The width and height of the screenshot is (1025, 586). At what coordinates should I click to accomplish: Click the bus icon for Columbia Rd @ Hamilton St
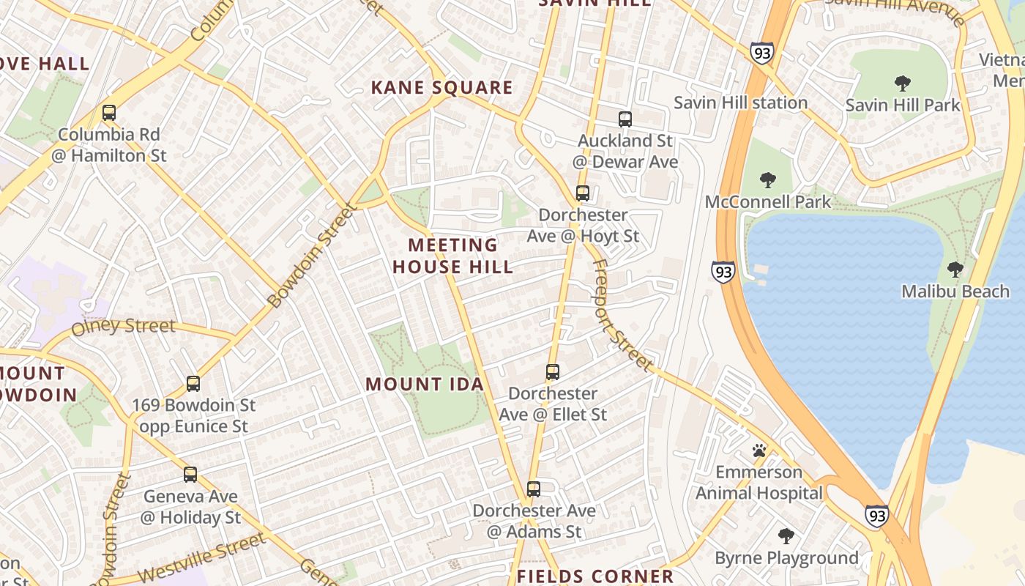pos(109,113)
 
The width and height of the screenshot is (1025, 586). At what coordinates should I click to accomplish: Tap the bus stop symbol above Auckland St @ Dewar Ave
pos(625,119)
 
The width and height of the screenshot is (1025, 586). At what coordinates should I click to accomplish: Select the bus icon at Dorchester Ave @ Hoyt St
pos(583,193)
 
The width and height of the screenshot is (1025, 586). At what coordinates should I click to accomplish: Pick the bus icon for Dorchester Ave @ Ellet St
pos(553,372)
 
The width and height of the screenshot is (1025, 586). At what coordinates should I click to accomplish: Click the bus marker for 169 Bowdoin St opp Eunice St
pos(193,383)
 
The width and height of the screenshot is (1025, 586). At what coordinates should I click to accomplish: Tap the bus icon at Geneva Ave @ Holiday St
pos(190,475)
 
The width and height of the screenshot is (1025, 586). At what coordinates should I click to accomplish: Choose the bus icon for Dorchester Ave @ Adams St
pos(534,489)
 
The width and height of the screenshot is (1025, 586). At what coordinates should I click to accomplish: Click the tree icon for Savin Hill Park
pos(902,84)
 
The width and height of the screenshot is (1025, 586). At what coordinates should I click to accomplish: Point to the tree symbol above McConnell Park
pos(767,180)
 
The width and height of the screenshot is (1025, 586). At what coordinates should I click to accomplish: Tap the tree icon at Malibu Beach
pos(955,270)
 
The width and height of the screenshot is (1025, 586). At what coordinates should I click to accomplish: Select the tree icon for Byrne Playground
pos(786,536)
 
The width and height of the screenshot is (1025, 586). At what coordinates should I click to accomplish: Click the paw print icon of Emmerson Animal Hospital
pos(759,450)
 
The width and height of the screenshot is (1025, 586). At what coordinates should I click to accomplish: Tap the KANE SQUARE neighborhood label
pos(441,88)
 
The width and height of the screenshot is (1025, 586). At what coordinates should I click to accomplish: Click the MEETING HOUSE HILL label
pos(452,256)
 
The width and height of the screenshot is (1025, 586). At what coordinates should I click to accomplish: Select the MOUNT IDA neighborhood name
pos(425,384)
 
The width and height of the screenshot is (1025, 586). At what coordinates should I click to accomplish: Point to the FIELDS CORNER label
pos(595,576)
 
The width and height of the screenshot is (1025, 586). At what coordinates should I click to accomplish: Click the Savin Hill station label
pos(740,103)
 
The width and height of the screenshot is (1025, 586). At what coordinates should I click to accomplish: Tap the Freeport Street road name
pos(621,315)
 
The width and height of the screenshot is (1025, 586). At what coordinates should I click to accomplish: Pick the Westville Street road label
pos(201,559)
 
